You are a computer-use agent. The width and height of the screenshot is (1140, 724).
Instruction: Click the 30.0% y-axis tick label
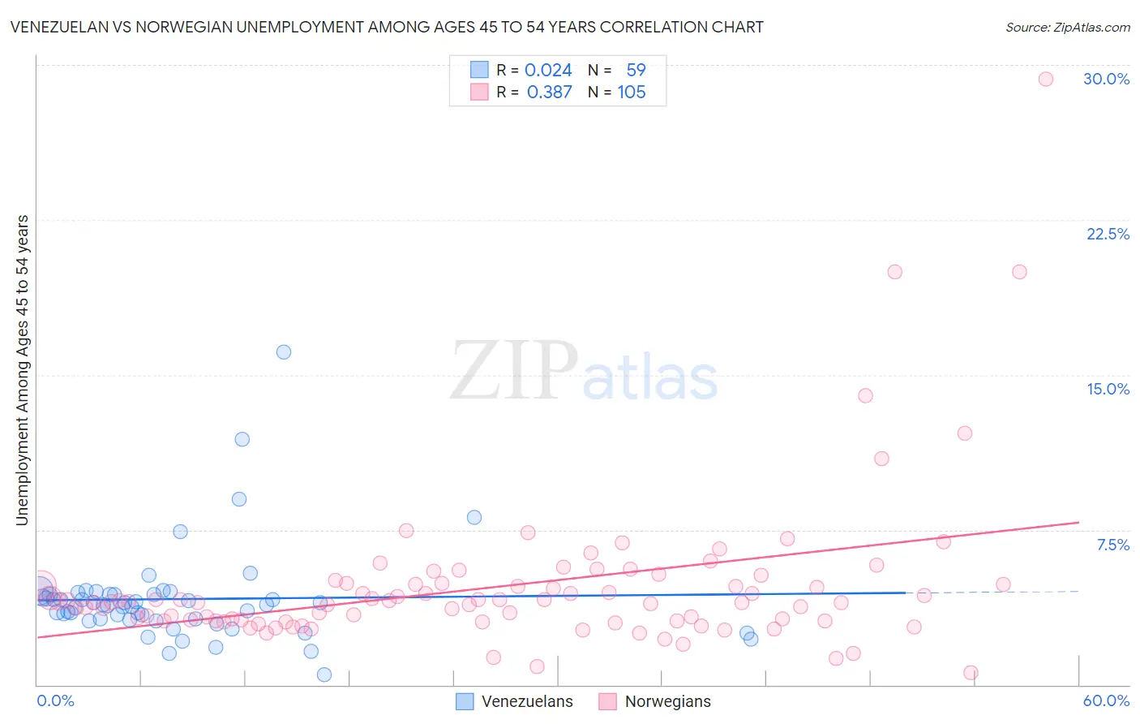pos(1106,79)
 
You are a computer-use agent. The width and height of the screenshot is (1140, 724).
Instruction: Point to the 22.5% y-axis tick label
pos(1108,234)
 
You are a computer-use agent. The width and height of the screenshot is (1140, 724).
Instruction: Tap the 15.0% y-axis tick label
pos(1108,389)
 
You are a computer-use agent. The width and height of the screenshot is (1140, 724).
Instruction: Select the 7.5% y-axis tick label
pos(1112,545)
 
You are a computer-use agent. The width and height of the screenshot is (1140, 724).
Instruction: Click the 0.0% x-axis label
pos(55,700)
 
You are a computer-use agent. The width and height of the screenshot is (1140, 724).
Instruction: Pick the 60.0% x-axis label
pos(1106,700)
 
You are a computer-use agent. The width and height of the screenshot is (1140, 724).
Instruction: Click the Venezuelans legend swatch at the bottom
pos(465,701)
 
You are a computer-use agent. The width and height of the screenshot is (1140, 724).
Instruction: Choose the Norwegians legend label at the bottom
pos(667,701)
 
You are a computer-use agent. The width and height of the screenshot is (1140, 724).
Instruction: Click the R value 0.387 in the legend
pos(549,93)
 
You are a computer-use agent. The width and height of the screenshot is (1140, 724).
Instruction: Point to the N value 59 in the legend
pos(636,71)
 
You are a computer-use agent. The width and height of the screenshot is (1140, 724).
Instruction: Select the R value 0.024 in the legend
pos(548,71)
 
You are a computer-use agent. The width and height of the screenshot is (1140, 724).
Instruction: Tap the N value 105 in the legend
pos(632,93)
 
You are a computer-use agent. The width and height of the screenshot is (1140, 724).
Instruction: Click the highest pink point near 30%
pos(1046,79)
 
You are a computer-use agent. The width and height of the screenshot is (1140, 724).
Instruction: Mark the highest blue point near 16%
pos(284,352)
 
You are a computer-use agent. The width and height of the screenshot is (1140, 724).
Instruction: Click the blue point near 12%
pos(242,439)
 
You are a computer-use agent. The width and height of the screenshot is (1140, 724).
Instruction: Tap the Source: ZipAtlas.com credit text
pos(1067,27)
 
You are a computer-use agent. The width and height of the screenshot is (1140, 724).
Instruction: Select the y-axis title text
pos(22,369)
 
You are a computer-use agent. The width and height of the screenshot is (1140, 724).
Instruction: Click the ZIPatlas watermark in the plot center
pos(584,371)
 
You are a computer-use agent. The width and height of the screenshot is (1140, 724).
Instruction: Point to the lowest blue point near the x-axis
pos(324,674)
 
